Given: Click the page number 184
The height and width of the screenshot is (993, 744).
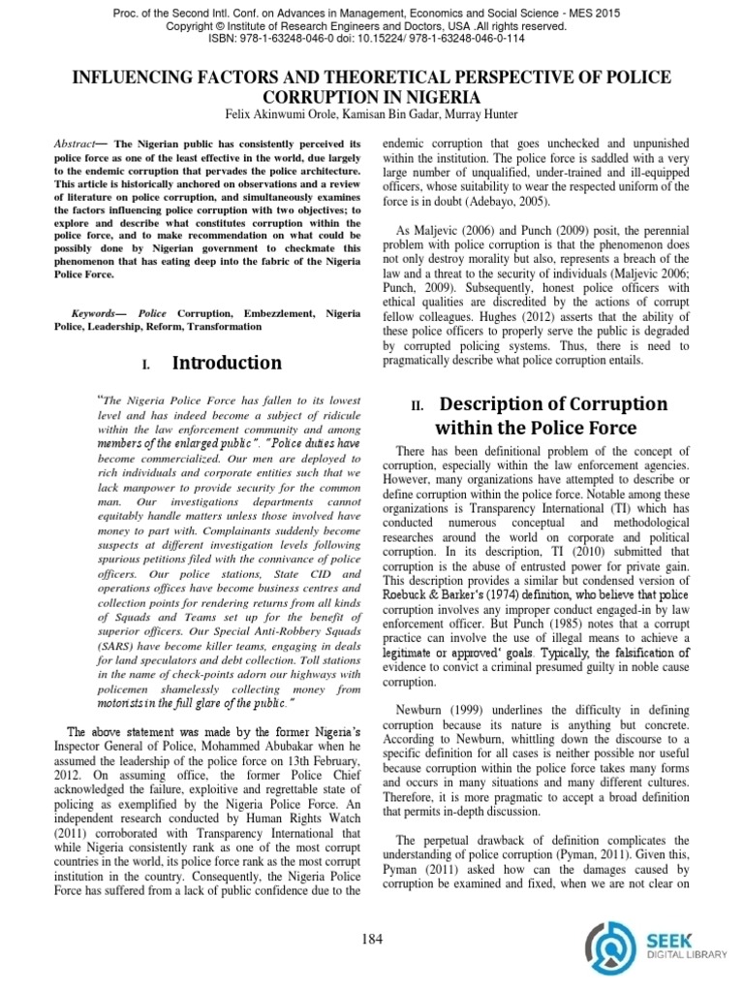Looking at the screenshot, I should [371, 938].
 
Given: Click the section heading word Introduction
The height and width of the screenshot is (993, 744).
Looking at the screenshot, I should [227, 363].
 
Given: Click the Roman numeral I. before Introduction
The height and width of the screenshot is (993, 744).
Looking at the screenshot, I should [146, 365].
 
